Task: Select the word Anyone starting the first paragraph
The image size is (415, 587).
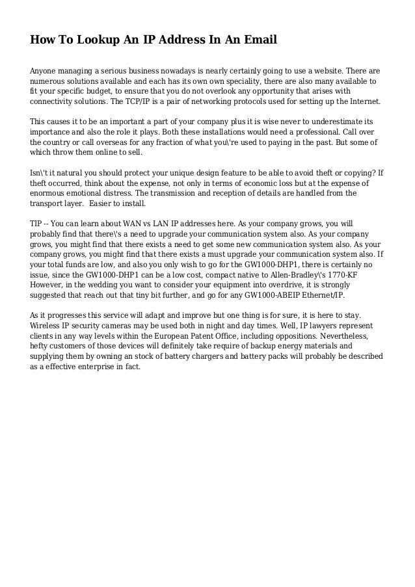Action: pyautogui.click(x=45, y=70)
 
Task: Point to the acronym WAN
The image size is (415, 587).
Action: pyautogui.click(x=143, y=223)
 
